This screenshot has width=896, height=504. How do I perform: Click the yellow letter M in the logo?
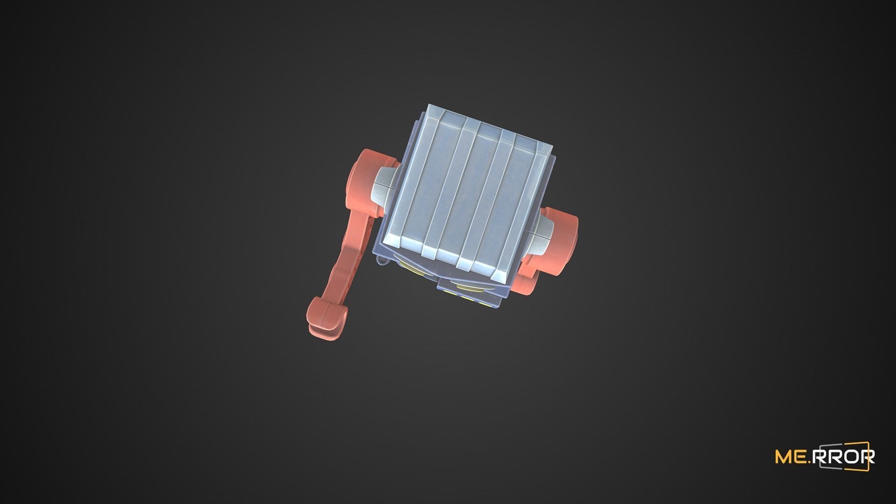[784, 456]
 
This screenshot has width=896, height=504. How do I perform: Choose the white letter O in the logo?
[849, 456]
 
